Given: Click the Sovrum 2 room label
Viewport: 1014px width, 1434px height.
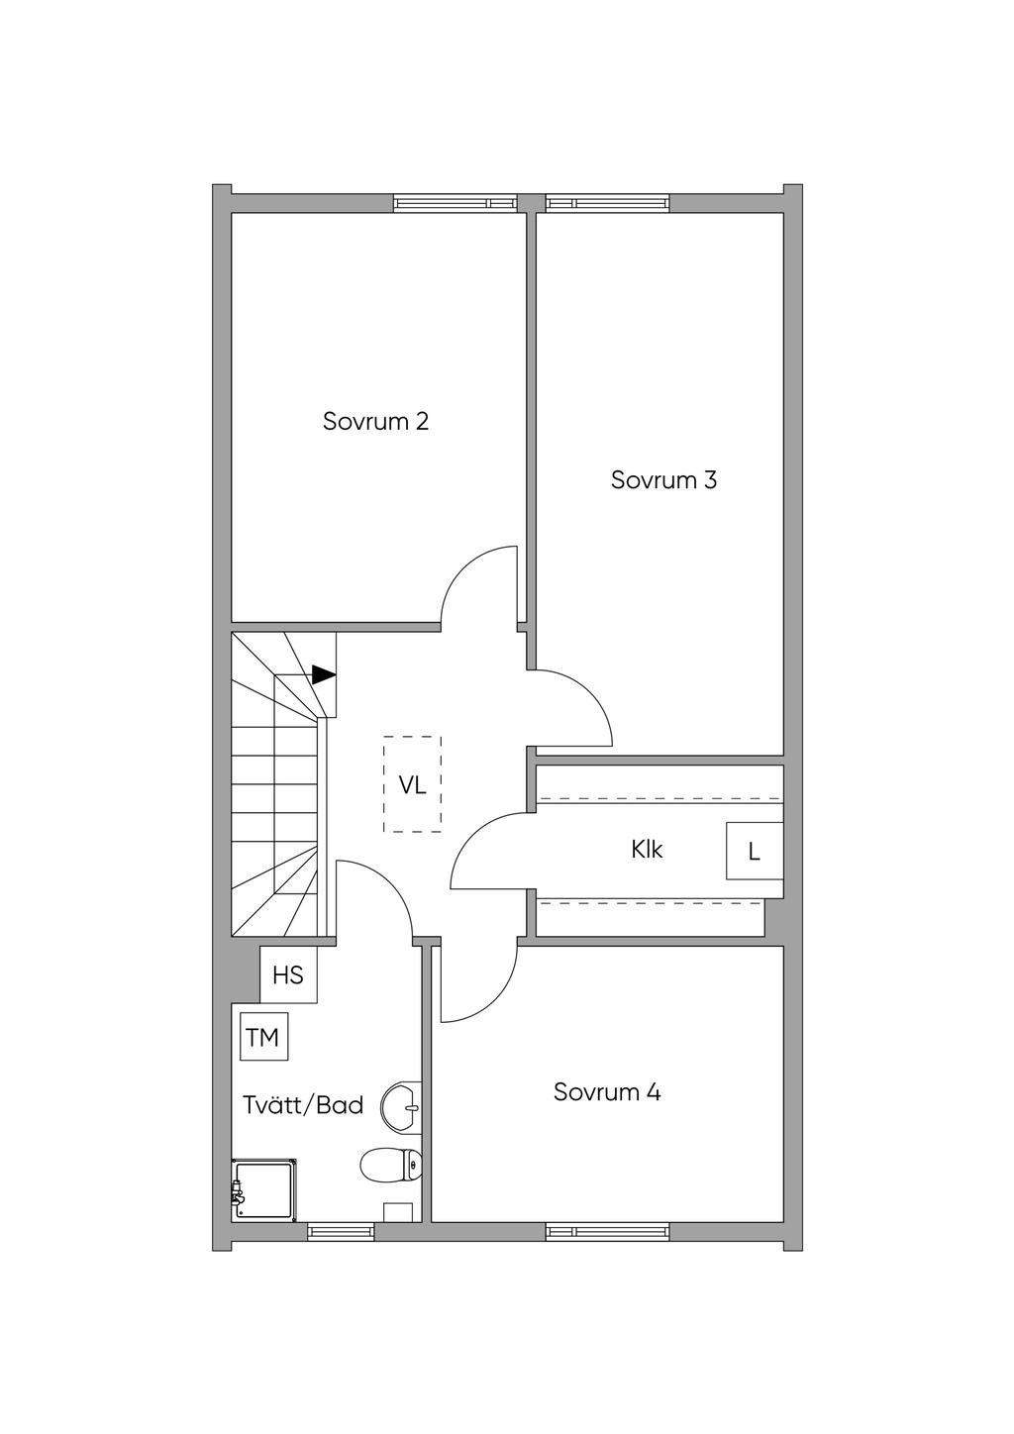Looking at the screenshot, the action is click(375, 422).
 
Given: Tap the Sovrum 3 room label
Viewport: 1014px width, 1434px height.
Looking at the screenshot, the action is click(663, 480).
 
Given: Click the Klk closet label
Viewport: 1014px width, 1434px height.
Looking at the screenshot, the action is click(647, 850).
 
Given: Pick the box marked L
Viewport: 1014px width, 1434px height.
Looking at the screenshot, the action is click(755, 851).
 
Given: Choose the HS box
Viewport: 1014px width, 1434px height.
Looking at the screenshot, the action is click(288, 975).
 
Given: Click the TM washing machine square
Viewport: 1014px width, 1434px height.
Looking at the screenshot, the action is click(263, 1037).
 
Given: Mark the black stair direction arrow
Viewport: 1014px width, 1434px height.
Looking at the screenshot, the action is click(324, 674).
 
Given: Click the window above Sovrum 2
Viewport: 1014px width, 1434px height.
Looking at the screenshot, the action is click(456, 203).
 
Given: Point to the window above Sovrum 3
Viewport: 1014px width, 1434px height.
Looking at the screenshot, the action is click(607, 203).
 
